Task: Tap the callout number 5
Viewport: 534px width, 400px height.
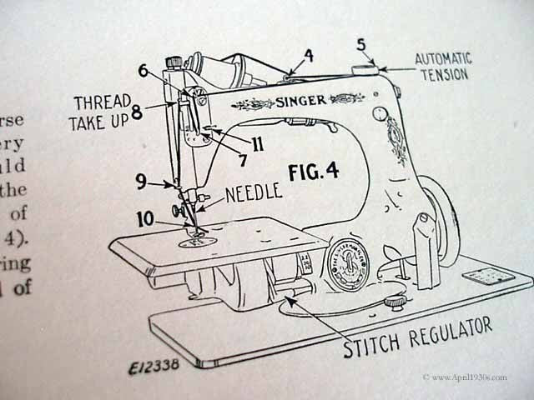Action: click(361, 47)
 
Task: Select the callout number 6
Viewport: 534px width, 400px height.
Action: click(143, 72)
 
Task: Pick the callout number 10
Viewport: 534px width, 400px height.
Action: click(145, 219)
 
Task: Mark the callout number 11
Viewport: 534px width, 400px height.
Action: click(258, 144)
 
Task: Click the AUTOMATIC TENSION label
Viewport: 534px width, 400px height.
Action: click(443, 66)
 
